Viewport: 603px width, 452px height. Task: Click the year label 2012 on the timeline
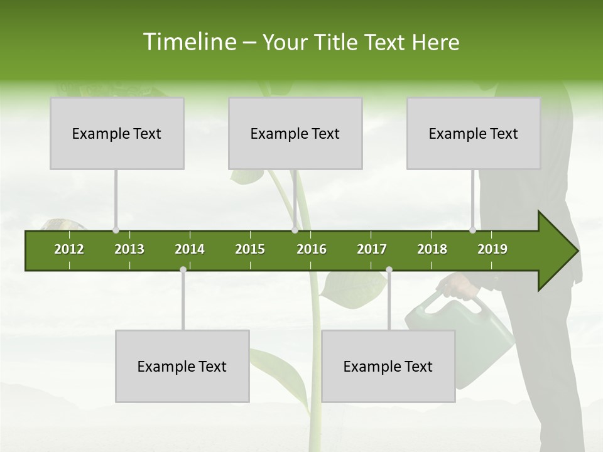point(69,249)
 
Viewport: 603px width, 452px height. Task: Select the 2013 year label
point(129,249)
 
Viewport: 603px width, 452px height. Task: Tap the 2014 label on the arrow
point(190,249)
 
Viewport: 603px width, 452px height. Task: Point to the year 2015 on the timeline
point(250,249)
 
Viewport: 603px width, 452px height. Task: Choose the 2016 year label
point(312,249)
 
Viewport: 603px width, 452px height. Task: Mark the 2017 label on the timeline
point(372,249)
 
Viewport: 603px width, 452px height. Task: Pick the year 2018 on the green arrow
point(432,249)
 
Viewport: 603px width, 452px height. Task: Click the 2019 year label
point(492,249)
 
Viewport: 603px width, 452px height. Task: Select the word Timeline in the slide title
point(189,42)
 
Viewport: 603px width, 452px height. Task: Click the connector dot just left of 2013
point(116,230)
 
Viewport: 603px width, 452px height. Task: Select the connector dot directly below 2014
point(183,269)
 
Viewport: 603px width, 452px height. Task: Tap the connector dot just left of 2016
point(295,230)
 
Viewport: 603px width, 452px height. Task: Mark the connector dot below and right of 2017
point(389,269)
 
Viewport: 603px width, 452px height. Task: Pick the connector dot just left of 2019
point(472,230)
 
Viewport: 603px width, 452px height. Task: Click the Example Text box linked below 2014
point(182,366)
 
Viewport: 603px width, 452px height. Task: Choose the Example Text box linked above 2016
point(295,133)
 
